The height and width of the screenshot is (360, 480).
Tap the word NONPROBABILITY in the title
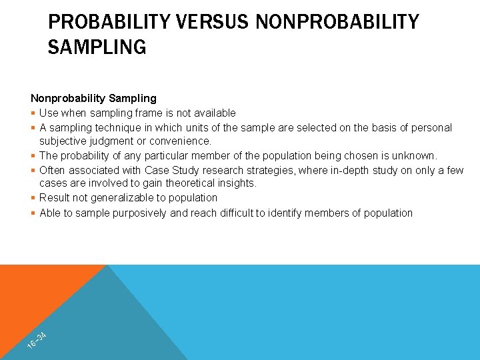pyautogui.click(x=337, y=22)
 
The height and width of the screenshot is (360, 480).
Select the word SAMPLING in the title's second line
pyautogui.click(x=97, y=48)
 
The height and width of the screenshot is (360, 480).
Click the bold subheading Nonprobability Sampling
pyautogui.click(x=93, y=99)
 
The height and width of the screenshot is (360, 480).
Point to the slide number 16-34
pyautogui.click(x=37, y=339)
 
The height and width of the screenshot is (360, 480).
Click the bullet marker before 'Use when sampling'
pyautogui.click(x=33, y=113)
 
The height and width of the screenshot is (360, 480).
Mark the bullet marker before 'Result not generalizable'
pyautogui.click(x=33, y=197)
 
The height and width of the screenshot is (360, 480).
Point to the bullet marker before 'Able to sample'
pyautogui.click(x=33, y=213)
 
